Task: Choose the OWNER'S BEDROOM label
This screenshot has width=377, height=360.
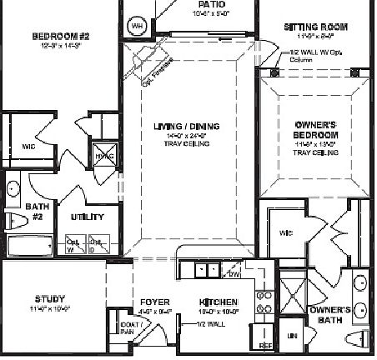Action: [316, 129]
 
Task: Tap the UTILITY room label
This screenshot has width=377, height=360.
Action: [86, 217]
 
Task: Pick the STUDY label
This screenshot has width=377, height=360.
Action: [49, 298]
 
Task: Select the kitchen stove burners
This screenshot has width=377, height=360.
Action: [266, 302]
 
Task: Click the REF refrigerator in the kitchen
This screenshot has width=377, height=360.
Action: [266, 343]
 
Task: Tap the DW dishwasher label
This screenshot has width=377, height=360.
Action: [234, 274]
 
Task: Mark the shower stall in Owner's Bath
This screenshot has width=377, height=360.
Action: [295, 295]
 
